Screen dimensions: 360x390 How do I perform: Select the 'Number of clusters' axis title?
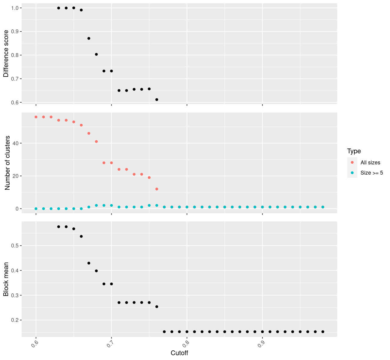tap(8, 163)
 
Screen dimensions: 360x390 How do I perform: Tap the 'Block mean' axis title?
tap(6, 279)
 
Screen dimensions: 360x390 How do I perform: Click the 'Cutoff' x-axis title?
tap(179, 353)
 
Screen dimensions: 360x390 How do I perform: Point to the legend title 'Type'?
tap(354, 151)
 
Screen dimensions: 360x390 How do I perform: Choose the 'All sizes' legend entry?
tap(370, 163)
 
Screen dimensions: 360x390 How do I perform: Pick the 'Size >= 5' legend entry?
tap(372, 173)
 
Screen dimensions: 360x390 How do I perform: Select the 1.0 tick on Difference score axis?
tap(14, 8)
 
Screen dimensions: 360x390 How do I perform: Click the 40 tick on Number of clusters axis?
tap(16, 143)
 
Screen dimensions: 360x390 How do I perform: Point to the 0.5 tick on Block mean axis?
tap(14, 246)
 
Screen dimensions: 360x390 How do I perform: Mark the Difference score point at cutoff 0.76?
tap(157, 100)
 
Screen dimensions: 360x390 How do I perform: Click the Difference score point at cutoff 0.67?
tap(89, 38)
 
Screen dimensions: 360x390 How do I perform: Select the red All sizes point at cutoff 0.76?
tap(157, 189)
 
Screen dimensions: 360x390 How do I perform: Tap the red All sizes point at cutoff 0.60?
tap(36, 117)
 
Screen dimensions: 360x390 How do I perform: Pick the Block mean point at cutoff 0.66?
tap(81, 236)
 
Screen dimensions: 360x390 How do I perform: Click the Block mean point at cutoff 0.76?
tap(157, 307)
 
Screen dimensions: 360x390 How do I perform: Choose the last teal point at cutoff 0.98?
tap(323, 207)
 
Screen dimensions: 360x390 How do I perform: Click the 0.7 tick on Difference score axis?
tap(14, 79)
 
